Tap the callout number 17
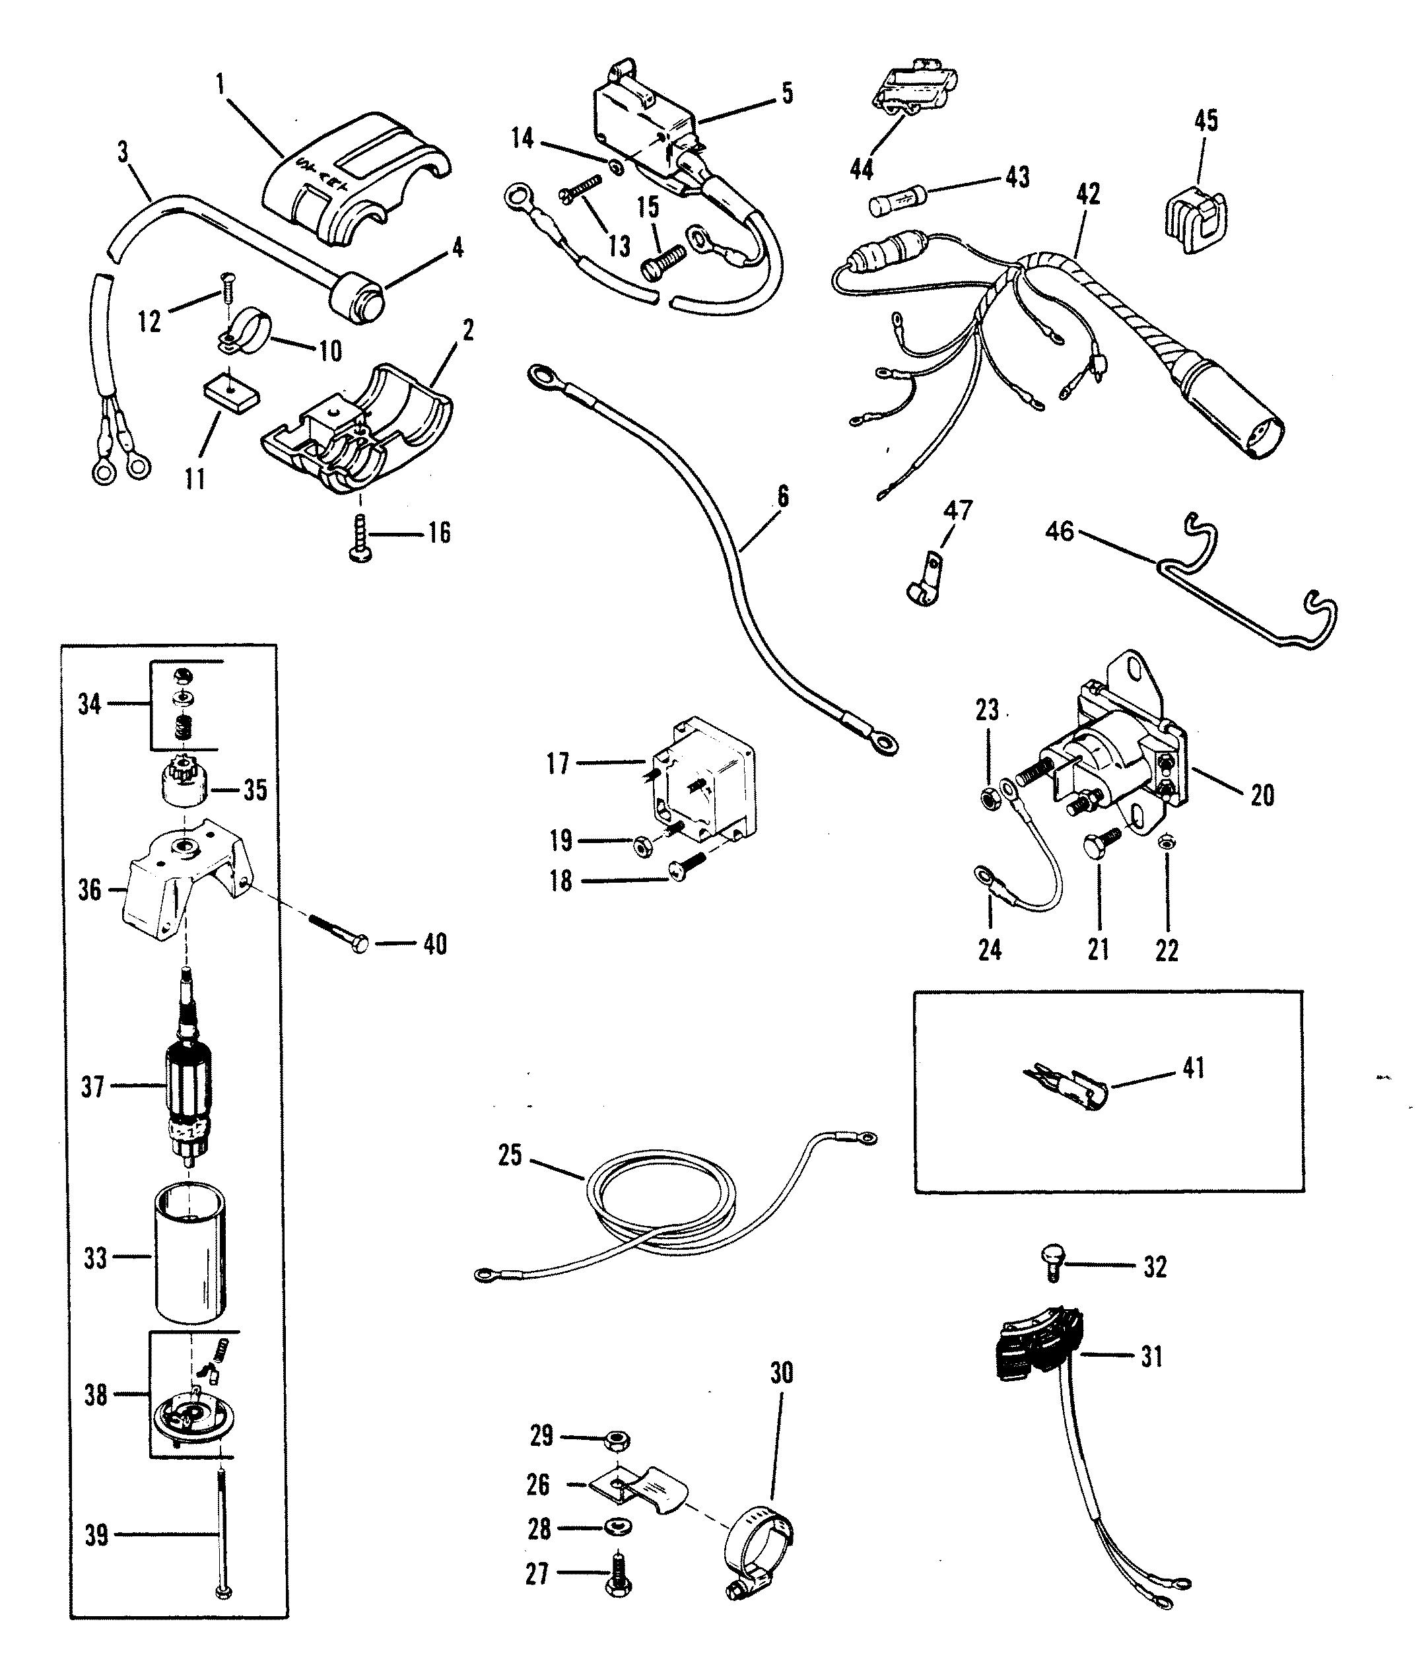558,763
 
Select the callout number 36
90,891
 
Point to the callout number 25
510,1156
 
